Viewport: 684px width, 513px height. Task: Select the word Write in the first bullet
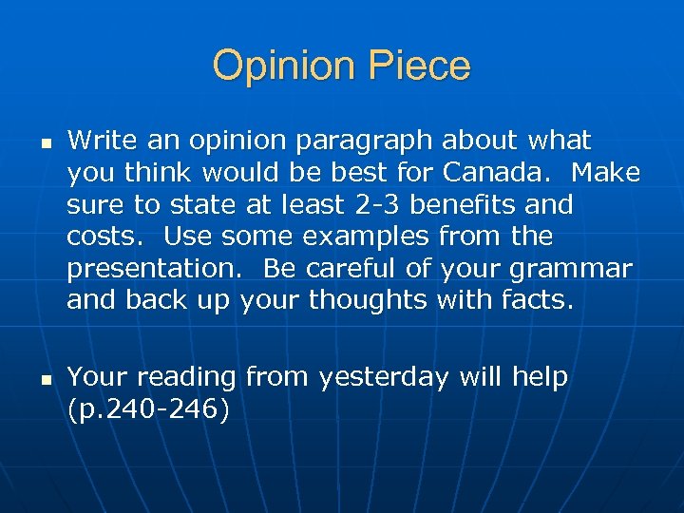tap(101, 141)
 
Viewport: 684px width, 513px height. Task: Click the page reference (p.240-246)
tap(148, 409)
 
